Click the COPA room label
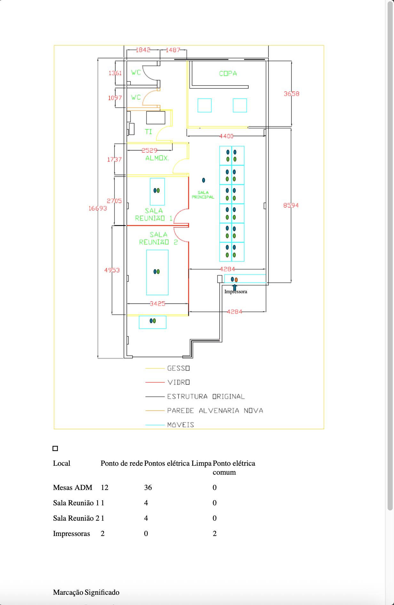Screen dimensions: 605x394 click(228, 73)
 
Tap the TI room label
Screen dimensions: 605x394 click(148, 132)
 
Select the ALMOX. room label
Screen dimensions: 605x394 click(157, 158)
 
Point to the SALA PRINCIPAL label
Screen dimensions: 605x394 click(203, 195)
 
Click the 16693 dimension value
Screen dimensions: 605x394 click(98, 208)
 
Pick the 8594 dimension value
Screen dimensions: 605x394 click(291, 205)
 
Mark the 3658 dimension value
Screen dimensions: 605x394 click(291, 94)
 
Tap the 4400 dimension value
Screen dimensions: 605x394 click(226, 136)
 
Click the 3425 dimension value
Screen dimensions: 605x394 click(158, 303)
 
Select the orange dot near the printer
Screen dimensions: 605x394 click(236, 280)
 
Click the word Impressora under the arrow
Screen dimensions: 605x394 click(236, 292)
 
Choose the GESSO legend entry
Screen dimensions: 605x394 click(178, 368)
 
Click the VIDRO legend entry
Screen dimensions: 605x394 click(178, 382)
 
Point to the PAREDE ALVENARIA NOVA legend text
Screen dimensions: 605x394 click(215, 410)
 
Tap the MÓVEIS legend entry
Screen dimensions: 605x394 click(181, 425)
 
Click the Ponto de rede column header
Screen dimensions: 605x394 click(122, 463)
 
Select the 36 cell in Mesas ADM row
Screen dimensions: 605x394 click(148, 487)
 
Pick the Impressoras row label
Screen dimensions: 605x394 click(72, 533)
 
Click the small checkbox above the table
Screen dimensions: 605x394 click(55, 448)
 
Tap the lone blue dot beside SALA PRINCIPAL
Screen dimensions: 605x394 click(204, 180)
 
